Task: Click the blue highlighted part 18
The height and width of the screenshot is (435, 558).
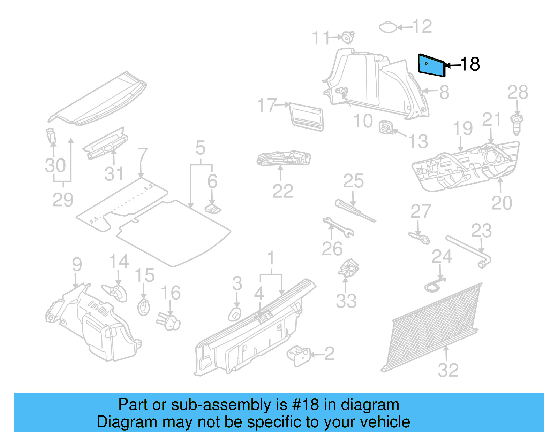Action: coord(432,66)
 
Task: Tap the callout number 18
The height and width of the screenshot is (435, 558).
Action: coord(470,64)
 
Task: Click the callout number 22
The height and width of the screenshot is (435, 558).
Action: coord(283,191)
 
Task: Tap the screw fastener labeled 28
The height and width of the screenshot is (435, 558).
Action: coord(517,124)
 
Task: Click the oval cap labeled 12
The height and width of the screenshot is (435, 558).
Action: coord(388,27)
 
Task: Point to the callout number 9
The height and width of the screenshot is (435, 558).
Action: coord(77,265)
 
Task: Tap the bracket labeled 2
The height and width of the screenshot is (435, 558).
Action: coord(299,355)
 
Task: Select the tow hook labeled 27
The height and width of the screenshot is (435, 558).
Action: coord(420,238)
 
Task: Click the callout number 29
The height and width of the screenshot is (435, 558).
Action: coord(63,200)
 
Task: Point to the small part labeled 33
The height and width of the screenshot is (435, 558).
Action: coord(348,268)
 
